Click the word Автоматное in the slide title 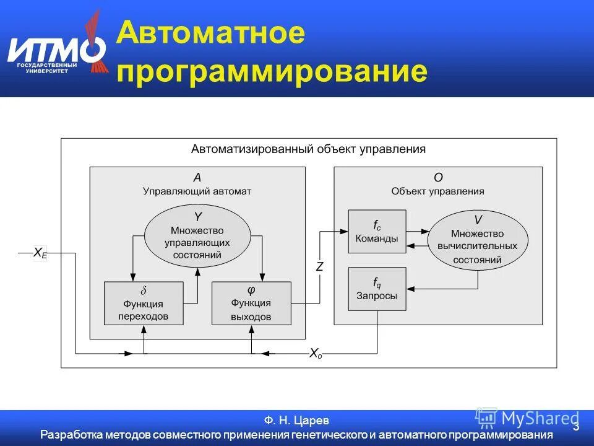tap(210, 32)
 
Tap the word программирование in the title tap(272, 71)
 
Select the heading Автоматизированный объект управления tap(308, 149)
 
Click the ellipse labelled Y tap(197, 235)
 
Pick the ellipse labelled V tap(478, 240)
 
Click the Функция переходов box tap(144, 303)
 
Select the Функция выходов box tap(251, 303)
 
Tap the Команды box tap(377, 231)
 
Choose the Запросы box tap(377, 289)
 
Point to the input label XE tap(40, 253)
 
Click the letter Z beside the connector tap(320, 267)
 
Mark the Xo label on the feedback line tap(316, 354)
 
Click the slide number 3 tap(576, 427)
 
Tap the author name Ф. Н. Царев tap(296, 421)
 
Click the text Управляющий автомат tap(197, 191)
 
